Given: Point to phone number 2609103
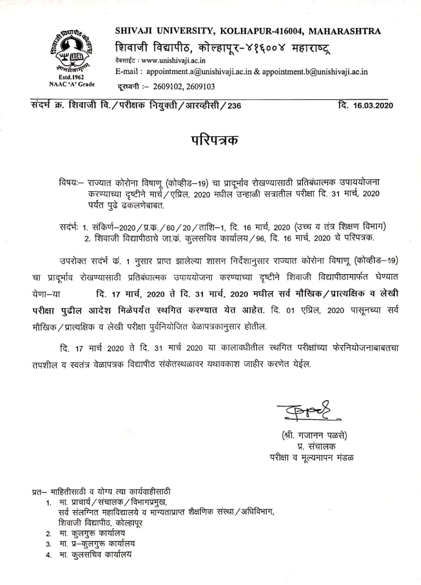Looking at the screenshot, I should click(200, 86).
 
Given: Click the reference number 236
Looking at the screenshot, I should click(232, 106).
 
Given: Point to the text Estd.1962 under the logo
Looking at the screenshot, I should click(69, 78).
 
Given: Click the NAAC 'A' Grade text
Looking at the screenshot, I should click(69, 85).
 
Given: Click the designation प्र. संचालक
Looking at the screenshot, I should click(310, 446).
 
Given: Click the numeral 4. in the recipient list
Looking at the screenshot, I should click(48, 555).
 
